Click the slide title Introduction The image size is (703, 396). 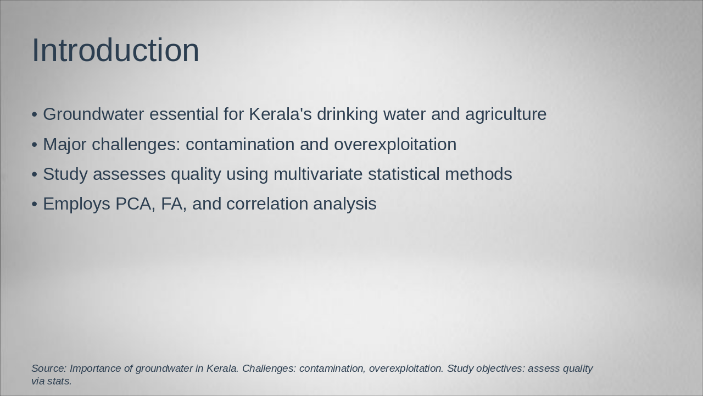tap(115, 50)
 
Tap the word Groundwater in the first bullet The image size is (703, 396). tap(93, 114)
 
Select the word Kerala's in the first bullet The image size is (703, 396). tap(280, 114)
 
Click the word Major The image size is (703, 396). tap(65, 145)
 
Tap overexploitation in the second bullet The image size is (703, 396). tap(395, 145)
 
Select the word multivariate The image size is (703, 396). tap(318, 174)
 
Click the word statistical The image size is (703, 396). tap(404, 174)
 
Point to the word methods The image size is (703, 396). tap(478, 174)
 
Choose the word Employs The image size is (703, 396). tap(76, 204)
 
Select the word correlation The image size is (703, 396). tap(267, 204)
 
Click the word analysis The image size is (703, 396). tap(345, 204)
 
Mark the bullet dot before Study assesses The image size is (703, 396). tap(35, 175)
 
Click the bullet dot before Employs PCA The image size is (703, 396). tap(35, 205)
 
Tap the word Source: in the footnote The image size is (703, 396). tap(49, 368)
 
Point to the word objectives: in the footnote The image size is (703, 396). tap(500, 369)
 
